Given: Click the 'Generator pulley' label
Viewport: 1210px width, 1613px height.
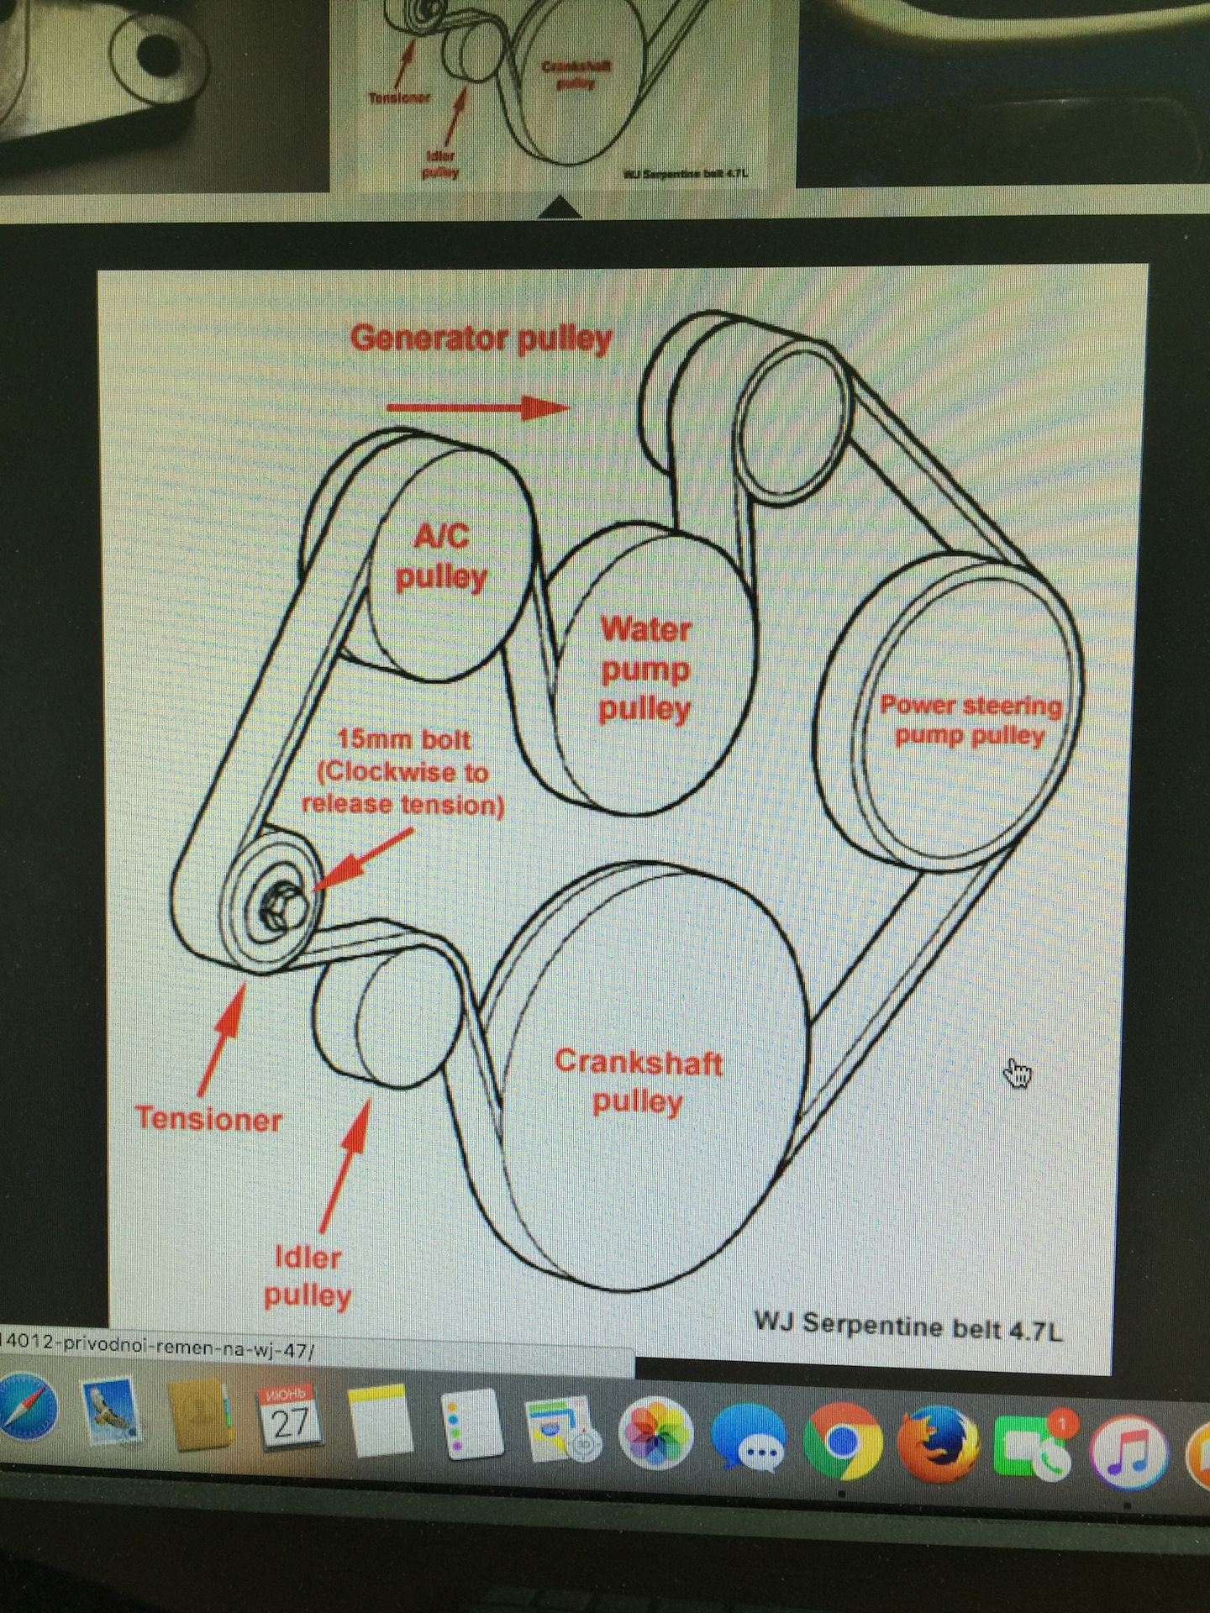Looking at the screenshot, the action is tap(481, 339).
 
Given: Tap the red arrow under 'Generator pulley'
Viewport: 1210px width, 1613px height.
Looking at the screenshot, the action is tap(477, 408).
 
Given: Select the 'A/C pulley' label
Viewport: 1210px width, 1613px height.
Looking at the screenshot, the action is tap(442, 557).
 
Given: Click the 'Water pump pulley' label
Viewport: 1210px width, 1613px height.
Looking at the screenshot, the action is tap(645, 669).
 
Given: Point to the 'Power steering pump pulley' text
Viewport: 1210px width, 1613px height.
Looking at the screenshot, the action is tap(971, 720).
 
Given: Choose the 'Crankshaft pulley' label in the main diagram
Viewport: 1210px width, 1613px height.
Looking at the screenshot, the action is tap(638, 1081).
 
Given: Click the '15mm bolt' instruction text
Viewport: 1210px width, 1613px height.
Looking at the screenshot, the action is tap(403, 772).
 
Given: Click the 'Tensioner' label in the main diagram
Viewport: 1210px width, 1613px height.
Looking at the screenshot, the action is tap(209, 1119).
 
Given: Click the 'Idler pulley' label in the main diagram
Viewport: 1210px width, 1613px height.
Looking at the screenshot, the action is tap(308, 1276).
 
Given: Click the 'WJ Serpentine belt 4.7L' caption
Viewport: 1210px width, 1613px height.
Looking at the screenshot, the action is tap(908, 1327).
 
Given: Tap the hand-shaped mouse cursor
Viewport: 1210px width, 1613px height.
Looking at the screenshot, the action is tap(1018, 1073).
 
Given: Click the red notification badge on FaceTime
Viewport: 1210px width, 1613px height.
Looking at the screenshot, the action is tap(1063, 1423).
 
